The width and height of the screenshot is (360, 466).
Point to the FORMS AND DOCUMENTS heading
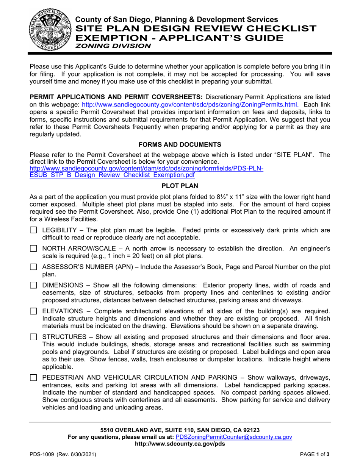[180, 144]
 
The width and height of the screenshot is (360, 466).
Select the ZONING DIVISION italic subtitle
[113, 46]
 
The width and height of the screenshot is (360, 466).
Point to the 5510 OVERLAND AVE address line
[180, 430]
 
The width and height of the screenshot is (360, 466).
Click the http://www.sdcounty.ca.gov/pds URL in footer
[180, 444]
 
